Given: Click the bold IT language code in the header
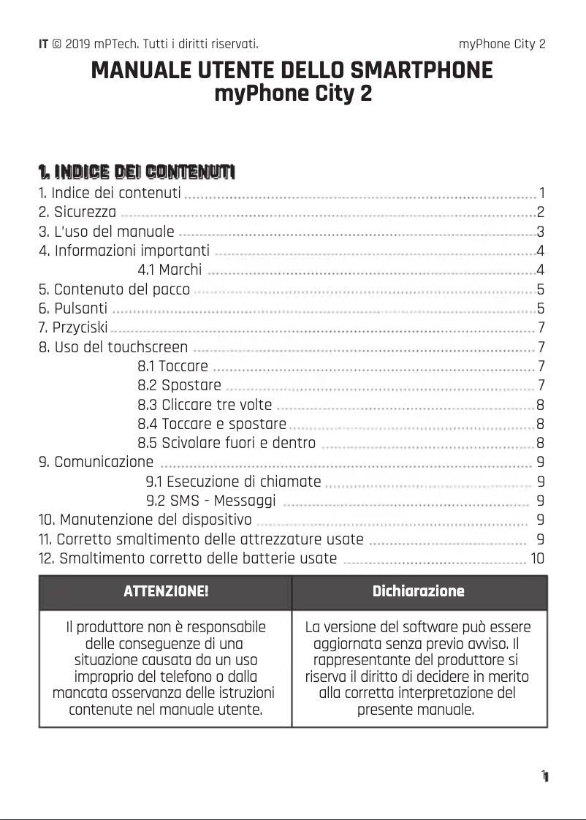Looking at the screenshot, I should coord(43,44).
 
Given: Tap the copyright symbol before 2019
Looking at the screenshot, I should coord(57,44).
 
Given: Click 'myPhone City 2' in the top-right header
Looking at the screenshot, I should coord(502,44).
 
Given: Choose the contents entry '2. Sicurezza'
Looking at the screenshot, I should coord(77,213).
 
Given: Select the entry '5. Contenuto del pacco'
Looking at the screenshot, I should coord(114,289).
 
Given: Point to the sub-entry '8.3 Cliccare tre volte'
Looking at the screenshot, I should coord(205,404).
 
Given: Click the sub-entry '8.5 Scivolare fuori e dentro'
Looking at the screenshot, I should coord(227,443).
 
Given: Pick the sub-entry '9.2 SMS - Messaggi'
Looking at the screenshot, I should coord(211,501).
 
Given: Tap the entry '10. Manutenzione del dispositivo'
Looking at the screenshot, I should coord(145,520).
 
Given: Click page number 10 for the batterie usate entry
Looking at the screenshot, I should coord(537,559).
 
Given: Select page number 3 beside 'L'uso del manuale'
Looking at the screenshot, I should coord(541,232).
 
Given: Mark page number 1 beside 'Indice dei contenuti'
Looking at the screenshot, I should coord(541,194).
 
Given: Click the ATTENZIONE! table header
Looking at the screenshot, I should coord(166,591).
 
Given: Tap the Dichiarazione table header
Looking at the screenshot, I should coord(418,591).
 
